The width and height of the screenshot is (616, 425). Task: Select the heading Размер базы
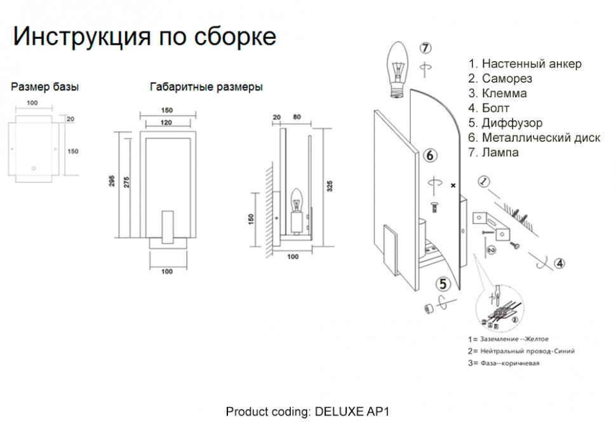coord(45,87)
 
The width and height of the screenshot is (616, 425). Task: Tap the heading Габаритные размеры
coord(206,87)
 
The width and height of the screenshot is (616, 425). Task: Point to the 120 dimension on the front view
coord(166,121)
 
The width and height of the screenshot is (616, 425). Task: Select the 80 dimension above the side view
coord(297,118)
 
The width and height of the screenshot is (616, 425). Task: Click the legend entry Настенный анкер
coord(525,64)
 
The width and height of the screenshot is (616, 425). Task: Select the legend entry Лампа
coord(493,152)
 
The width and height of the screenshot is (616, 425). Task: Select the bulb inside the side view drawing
coord(296,202)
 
